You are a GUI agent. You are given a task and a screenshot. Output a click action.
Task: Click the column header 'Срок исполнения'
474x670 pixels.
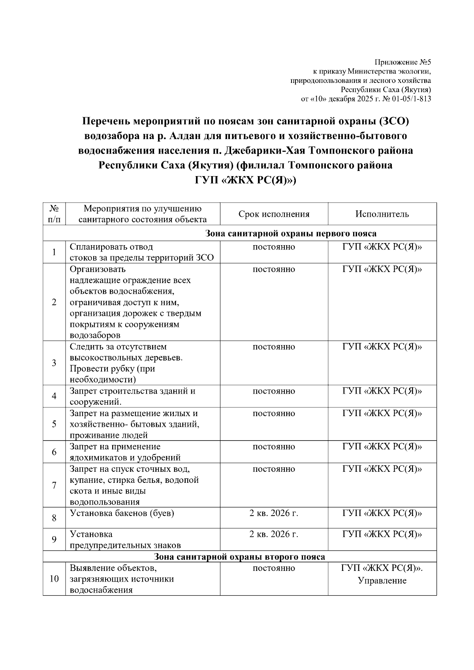tap(274, 214)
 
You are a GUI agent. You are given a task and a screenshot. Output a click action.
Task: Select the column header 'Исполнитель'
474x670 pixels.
tap(382, 214)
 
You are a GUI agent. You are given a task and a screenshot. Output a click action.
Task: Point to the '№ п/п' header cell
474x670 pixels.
tap(54, 214)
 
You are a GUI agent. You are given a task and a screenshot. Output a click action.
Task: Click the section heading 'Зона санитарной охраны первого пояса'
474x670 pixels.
tap(291, 233)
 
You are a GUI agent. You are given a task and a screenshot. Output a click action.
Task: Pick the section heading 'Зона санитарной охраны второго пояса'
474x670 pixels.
tap(239, 557)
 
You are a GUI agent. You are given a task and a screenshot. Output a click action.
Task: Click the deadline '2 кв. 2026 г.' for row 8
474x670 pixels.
tap(274, 513)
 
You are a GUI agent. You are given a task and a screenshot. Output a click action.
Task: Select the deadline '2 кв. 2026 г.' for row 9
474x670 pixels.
tap(274, 534)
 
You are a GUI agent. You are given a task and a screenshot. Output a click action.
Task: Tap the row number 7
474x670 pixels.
tap(54, 485)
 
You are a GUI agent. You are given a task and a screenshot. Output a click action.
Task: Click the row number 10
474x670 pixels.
tap(54, 579)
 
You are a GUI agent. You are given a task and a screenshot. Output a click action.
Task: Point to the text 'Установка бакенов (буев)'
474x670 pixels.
tap(122, 513)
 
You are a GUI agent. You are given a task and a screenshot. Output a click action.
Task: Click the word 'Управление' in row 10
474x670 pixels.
tap(382, 580)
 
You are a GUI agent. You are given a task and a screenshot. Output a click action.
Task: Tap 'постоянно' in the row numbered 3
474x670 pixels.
tap(274, 347)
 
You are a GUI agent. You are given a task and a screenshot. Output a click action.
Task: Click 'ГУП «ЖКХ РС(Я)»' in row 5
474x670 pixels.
tap(382, 413)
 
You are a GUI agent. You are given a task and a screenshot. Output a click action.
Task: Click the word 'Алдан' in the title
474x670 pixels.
tap(185, 136)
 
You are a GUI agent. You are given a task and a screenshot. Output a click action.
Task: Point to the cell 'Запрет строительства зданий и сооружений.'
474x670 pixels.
tap(132, 396)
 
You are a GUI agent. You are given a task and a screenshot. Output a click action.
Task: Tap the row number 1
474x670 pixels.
tap(54, 252)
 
